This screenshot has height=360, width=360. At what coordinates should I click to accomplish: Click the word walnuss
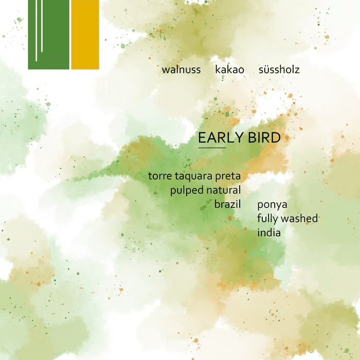point(181,69)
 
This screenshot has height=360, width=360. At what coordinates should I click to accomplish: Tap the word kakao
point(230,69)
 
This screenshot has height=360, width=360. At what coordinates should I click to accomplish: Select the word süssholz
point(279,69)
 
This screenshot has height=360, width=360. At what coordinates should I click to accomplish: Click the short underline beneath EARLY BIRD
point(212,148)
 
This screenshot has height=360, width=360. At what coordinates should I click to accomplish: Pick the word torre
point(160,176)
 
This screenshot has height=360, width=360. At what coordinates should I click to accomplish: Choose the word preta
point(228,176)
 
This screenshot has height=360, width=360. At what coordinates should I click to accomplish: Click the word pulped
point(187,191)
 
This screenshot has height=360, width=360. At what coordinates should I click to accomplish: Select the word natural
point(224,190)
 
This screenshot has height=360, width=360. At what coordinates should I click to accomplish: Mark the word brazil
point(228,204)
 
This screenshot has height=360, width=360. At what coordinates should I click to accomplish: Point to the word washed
point(300,219)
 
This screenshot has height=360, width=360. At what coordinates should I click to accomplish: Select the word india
point(269,232)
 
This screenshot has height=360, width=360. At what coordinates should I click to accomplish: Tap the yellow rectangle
point(85,34)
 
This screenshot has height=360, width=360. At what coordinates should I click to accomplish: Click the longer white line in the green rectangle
point(36,31)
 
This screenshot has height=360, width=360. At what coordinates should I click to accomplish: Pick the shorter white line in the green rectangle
point(42,26)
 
